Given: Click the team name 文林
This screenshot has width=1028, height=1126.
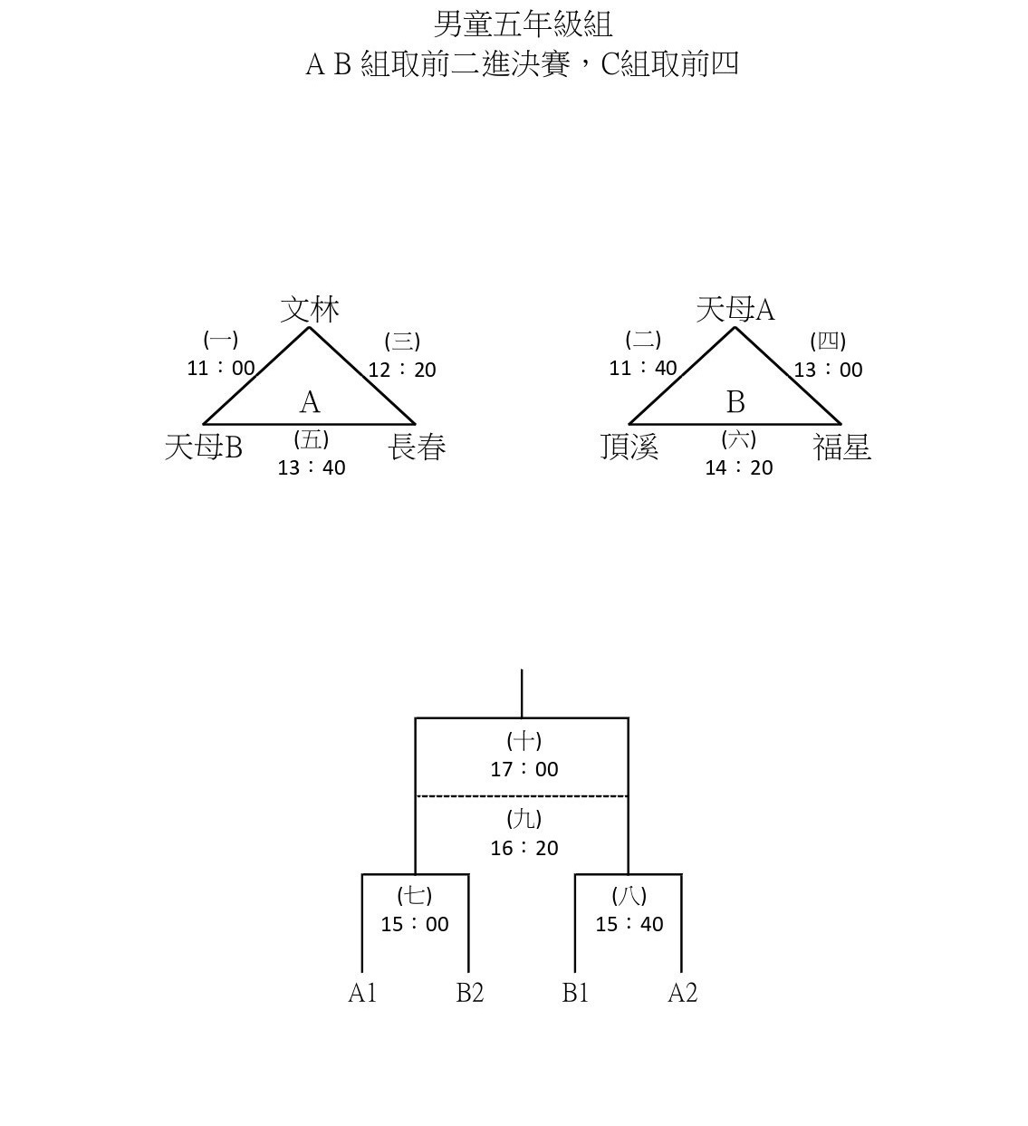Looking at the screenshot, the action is click(x=310, y=310).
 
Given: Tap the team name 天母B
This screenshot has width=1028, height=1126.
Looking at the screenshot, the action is click(x=203, y=448).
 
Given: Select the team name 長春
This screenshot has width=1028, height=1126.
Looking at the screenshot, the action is click(x=417, y=448).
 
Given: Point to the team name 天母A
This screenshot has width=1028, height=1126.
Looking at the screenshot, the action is click(x=735, y=309).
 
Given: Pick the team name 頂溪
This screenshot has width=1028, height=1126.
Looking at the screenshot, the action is click(x=629, y=448).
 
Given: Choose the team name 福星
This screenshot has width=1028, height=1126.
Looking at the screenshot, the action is click(x=841, y=448).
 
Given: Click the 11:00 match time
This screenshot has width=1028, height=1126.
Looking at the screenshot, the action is click(x=221, y=368).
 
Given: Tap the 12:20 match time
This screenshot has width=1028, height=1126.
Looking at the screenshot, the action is click(x=402, y=370).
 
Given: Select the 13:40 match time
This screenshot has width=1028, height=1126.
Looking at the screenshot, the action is click(x=312, y=467).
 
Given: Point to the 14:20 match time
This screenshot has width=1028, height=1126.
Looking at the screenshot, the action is click(x=739, y=467).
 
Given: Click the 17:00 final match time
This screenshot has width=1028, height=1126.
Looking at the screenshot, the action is click(x=524, y=769).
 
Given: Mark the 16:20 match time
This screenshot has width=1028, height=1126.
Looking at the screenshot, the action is click(x=524, y=848).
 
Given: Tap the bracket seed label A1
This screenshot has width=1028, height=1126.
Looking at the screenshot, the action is click(x=362, y=993).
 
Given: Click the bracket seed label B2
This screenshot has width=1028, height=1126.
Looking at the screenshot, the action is click(x=469, y=993).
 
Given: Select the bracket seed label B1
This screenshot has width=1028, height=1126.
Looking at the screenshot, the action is click(x=575, y=993).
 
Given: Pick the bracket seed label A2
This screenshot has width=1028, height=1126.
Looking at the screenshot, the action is click(x=683, y=993).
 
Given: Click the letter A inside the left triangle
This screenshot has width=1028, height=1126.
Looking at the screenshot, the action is click(x=310, y=402).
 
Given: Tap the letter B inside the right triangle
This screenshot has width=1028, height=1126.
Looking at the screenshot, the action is click(x=735, y=402).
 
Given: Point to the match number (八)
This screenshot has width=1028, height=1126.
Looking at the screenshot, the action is click(x=629, y=895).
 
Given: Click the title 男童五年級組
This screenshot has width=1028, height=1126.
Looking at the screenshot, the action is click(x=524, y=24).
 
